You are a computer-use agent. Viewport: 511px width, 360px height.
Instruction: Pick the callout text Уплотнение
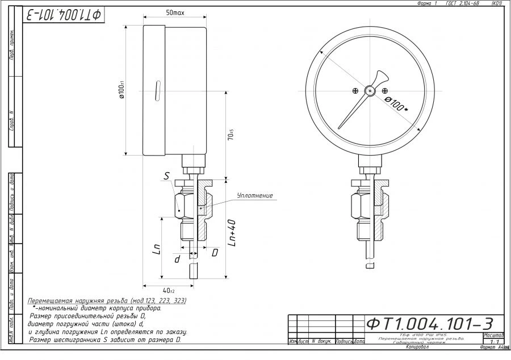[x=255, y=195]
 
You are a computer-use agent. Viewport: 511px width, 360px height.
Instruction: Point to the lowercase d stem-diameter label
[x=177, y=258]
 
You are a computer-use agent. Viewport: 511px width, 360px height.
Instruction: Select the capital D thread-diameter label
[x=215, y=252]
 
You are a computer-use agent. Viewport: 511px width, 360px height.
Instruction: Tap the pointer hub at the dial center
[x=370, y=90]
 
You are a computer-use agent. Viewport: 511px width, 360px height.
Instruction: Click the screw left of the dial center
[x=355, y=90]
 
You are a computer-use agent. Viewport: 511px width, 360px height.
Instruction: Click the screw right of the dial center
[x=385, y=90]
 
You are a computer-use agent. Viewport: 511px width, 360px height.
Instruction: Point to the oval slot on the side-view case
[x=156, y=90]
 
